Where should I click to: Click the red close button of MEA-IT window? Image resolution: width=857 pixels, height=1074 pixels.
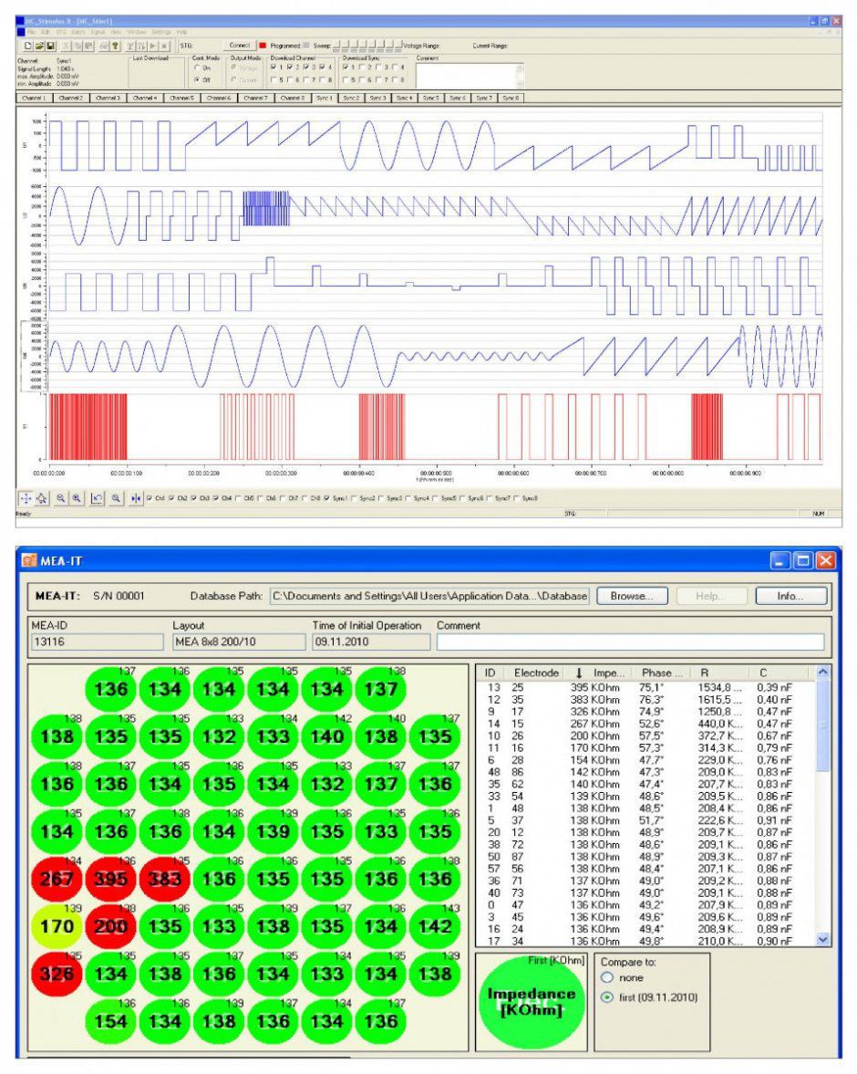[x=825, y=560]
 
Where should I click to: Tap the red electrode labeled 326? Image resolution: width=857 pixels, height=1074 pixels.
[x=57, y=974]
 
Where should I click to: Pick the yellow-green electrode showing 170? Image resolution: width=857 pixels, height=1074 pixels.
[x=57, y=926]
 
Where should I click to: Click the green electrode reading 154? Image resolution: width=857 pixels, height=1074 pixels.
[x=110, y=1021]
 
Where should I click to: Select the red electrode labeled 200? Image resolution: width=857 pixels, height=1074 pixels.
[x=110, y=926]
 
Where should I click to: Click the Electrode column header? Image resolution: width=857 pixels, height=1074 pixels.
[x=535, y=673]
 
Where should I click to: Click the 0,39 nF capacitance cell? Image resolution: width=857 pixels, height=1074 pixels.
[x=774, y=686]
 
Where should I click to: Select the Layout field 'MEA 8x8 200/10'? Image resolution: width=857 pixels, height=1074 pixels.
[x=237, y=641]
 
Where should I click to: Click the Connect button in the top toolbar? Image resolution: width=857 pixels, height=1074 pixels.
[x=240, y=45]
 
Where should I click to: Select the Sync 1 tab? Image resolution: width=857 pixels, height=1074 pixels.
[x=325, y=98]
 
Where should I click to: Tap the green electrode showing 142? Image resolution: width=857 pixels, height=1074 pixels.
[x=436, y=926]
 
